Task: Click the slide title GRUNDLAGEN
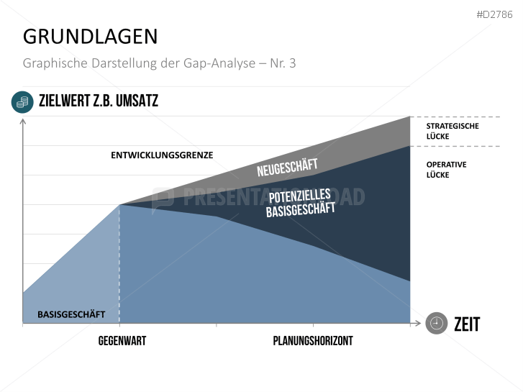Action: pos(90,36)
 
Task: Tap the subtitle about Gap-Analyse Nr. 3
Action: pos(159,63)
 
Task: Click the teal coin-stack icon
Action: pos(22,102)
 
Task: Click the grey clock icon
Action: pos(435,324)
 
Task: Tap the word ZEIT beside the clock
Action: pos(466,324)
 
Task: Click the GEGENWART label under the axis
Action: pos(122,341)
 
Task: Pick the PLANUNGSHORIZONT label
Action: pos(313,341)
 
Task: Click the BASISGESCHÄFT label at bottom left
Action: pos(71,314)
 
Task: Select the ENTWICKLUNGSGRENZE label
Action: pos(162,155)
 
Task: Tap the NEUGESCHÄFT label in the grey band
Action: pos(287,168)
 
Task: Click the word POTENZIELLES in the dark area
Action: pos(299,196)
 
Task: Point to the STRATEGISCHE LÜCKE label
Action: pos(452,131)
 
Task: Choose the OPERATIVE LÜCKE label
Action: pos(446,170)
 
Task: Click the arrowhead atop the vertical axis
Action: pos(23,121)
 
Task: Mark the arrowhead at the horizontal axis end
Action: pos(417,324)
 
